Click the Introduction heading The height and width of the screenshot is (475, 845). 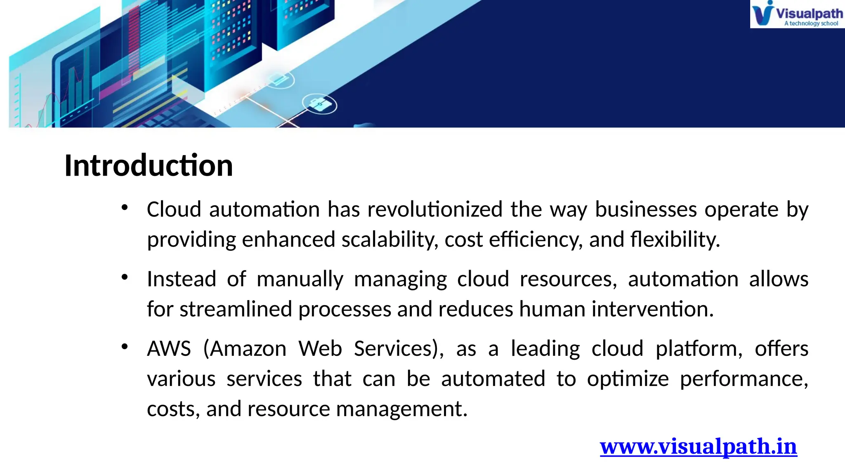[x=149, y=165]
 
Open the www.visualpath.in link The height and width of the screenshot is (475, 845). [x=698, y=447]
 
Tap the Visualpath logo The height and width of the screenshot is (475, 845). [x=797, y=14]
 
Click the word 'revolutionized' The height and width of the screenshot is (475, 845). [x=435, y=209]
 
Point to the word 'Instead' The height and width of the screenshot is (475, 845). [x=182, y=279]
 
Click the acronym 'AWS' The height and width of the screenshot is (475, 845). [x=169, y=349]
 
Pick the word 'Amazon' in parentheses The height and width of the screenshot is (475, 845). [x=249, y=349]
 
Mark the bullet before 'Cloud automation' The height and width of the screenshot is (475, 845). [x=125, y=207]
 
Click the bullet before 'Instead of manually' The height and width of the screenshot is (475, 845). [x=125, y=277]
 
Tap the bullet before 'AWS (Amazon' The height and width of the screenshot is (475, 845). [x=125, y=347]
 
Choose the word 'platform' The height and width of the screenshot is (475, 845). [x=699, y=349]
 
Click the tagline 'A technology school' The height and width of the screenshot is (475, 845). [x=811, y=24]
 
